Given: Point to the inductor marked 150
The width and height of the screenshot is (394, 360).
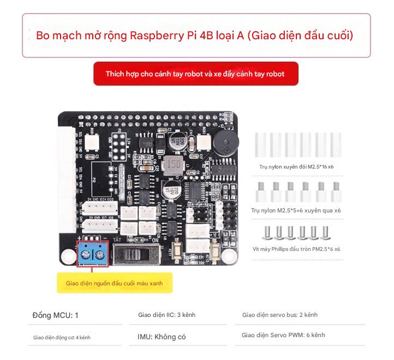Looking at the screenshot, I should [x=173, y=164].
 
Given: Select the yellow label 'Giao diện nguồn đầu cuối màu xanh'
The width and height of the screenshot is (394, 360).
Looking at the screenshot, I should [x=114, y=283].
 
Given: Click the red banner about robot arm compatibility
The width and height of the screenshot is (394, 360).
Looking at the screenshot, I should [x=195, y=74].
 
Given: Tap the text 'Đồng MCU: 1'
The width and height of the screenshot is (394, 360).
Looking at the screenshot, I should [x=55, y=315].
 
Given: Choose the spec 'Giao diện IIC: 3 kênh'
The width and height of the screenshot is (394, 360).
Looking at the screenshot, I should [x=166, y=315].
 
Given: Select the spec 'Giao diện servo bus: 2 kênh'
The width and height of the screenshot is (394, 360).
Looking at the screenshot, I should [x=279, y=315].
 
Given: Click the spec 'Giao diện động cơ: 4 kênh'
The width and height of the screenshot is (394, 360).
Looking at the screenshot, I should [x=62, y=338].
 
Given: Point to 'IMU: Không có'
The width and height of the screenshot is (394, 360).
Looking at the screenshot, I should [x=162, y=337].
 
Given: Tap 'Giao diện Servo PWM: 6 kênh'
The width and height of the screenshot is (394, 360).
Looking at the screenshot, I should [x=283, y=335].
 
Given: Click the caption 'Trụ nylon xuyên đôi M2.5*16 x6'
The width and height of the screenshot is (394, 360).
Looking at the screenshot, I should [x=297, y=167].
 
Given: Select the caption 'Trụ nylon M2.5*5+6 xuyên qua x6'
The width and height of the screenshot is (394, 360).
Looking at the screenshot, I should [x=296, y=210].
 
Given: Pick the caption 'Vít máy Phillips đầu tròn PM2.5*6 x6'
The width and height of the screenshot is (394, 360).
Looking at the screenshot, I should [x=296, y=249].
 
